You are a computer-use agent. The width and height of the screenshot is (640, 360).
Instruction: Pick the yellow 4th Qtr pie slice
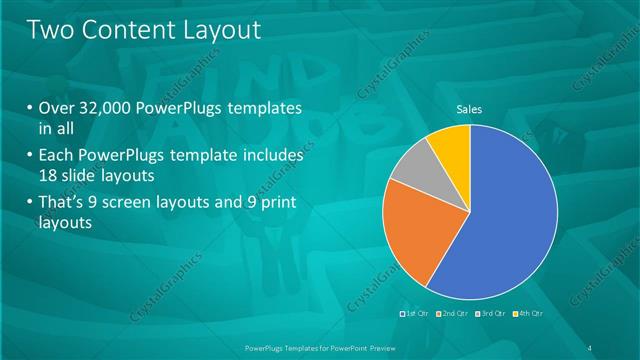pyautogui.click(x=450, y=146)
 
